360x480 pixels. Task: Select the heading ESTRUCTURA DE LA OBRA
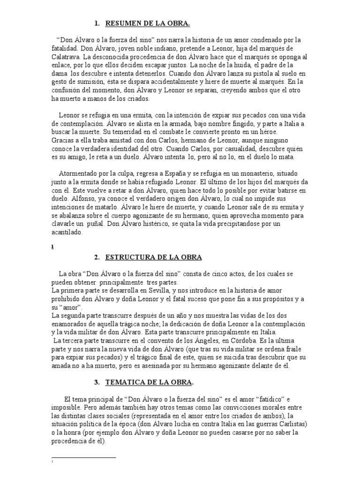pyautogui.click(x=154, y=257)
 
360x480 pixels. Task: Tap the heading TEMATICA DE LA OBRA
pyautogui.click(x=150, y=382)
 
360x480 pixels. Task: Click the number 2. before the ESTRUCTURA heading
pyautogui.click(x=97, y=257)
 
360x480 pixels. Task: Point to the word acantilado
pyautogui.click(x=67, y=232)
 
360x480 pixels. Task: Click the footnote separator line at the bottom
pyautogui.click(x=83, y=457)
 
